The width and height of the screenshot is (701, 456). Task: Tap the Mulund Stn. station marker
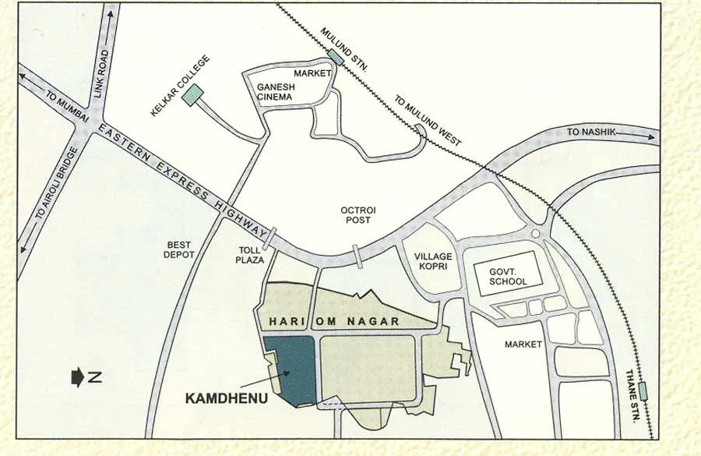click(336, 56)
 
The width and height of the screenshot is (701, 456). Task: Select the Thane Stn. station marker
click(643, 390)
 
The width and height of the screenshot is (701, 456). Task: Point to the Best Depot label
click(178, 249)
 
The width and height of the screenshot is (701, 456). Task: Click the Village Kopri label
click(432, 261)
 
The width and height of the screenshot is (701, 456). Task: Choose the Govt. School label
click(508, 277)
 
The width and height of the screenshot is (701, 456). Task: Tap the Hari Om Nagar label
click(334, 321)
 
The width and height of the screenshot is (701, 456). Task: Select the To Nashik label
click(591, 133)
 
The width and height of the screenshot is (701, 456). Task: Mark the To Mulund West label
click(428, 121)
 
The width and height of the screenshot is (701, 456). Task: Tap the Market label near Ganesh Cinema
click(307, 74)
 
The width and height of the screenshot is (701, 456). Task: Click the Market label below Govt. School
click(523, 344)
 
